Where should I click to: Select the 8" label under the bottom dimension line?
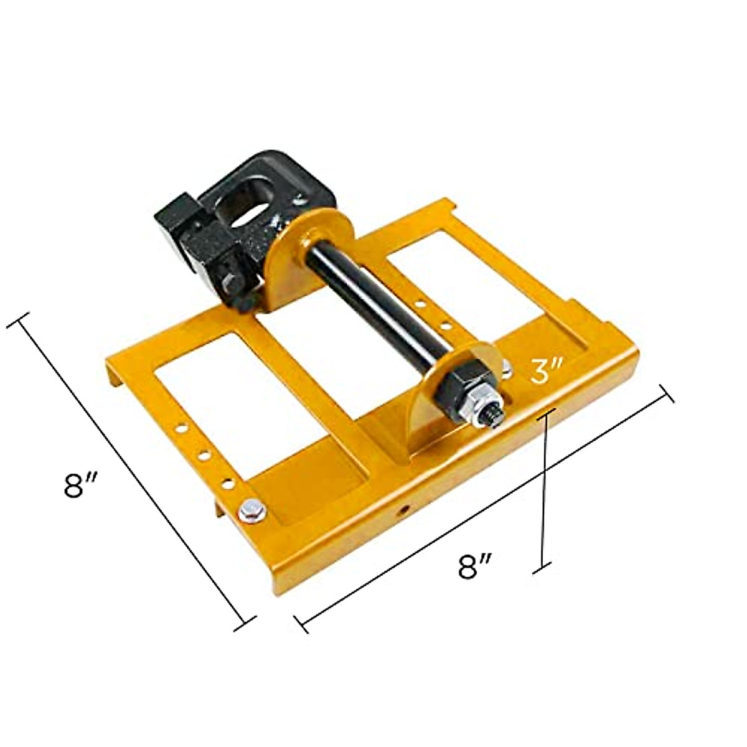tap(476, 567)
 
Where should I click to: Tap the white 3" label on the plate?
tap(547, 371)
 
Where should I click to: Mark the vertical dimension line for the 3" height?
tap(545, 486)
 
